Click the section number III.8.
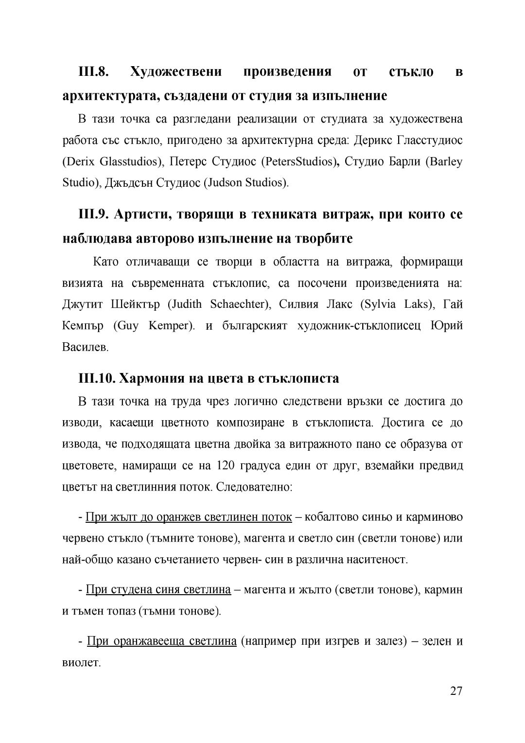(93, 72)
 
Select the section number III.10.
(96, 378)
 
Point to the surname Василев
(85, 347)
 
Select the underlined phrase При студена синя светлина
(158, 590)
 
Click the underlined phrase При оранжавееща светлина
(161, 641)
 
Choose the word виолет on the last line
(81, 662)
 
